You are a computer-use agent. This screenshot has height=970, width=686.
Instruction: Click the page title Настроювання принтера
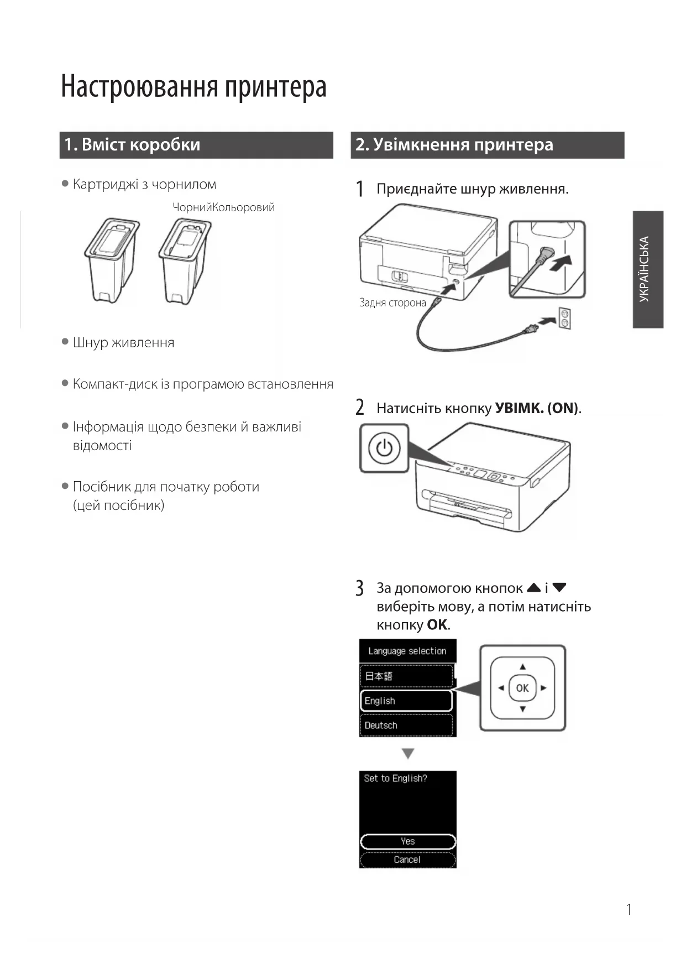pos(193,87)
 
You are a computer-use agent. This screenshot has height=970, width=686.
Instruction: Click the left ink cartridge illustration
pos(111,259)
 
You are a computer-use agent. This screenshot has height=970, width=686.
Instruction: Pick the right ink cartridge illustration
pos(185,260)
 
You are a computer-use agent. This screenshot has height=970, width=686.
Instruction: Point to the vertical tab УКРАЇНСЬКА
pos(647,269)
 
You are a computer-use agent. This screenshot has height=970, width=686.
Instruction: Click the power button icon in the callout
pos(384,448)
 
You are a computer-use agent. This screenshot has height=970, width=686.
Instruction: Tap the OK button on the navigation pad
pos(522,688)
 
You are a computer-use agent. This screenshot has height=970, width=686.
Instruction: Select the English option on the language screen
pos(406,701)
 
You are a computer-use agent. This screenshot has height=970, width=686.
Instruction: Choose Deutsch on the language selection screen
pos(406,725)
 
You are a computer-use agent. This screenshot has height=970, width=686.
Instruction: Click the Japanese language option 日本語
pos(406,676)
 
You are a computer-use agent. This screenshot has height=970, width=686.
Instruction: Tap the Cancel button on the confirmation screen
pos(407,860)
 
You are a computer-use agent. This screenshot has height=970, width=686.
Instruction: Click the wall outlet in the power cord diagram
pos(565,318)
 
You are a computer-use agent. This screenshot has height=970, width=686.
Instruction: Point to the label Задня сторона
pos(392,303)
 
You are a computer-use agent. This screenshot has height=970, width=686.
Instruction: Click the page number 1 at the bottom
pos(629,910)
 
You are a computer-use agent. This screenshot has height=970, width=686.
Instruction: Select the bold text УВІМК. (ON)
pos(536,408)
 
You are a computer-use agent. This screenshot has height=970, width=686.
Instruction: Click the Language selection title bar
pos(407,651)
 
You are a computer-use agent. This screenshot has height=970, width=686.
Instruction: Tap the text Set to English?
pos(395,778)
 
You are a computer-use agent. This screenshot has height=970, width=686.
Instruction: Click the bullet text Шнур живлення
pos(123,343)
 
